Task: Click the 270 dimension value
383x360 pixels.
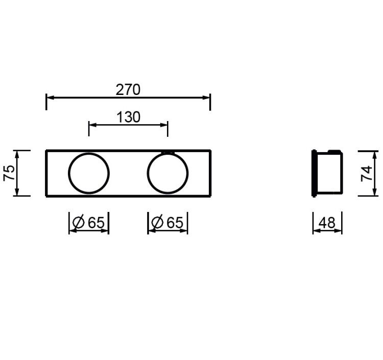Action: pyautogui.click(x=128, y=90)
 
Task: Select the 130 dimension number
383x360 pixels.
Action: pyautogui.click(x=129, y=117)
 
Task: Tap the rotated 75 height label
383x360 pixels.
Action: pyautogui.click(x=9, y=173)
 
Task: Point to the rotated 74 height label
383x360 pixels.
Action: pyautogui.click(x=366, y=174)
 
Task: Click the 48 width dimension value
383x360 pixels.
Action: pyautogui.click(x=327, y=223)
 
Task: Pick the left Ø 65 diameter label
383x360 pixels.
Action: pyautogui.click(x=88, y=222)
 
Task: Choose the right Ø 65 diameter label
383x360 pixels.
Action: pyautogui.click(x=167, y=222)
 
